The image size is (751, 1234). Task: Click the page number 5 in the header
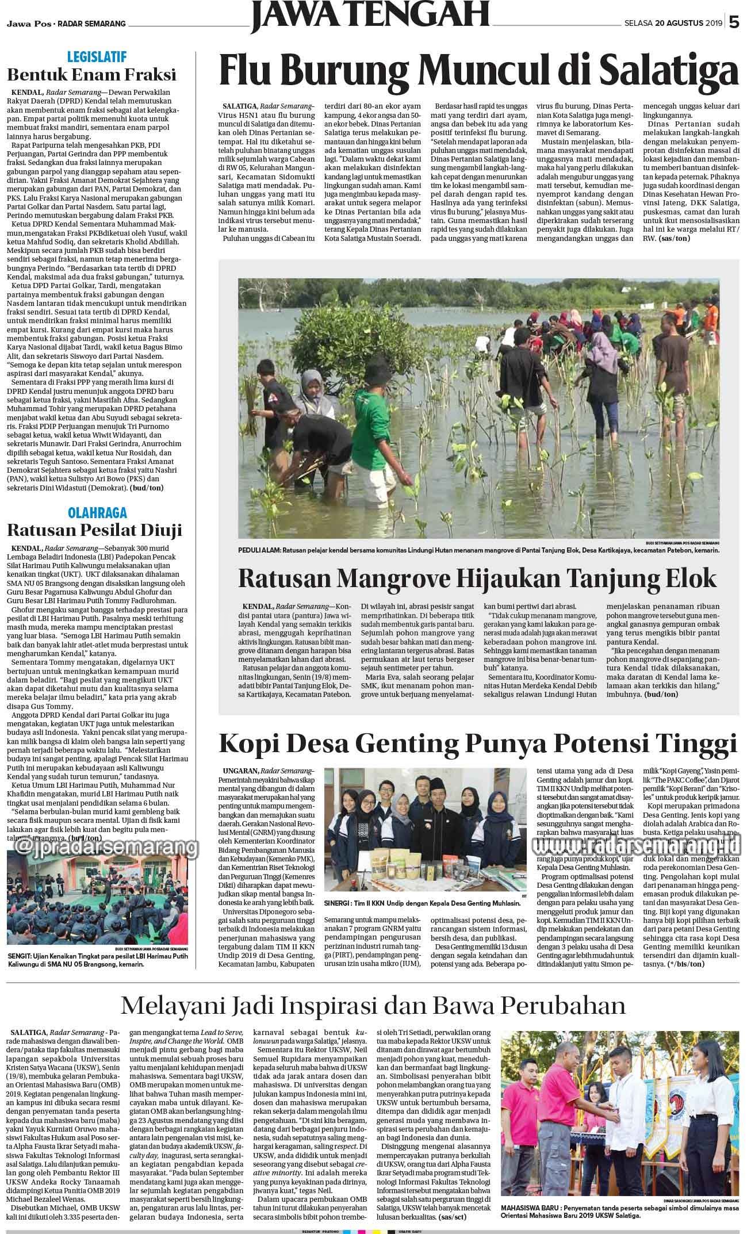tap(734, 23)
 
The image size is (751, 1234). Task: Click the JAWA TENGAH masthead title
tap(369, 14)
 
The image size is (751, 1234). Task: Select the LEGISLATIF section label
tap(96, 57)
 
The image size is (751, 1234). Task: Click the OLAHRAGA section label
tap(97, 512)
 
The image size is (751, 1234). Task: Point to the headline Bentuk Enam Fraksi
tap(91, 75)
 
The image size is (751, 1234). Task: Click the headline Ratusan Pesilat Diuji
tap(94, 529)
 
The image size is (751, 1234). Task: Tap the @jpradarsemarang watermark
tap(104, 847)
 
